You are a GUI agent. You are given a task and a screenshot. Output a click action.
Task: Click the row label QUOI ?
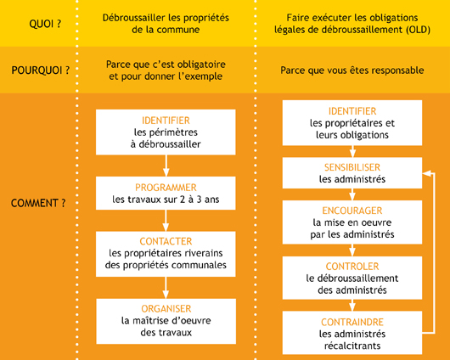pyautogui.click(x=45, y=24)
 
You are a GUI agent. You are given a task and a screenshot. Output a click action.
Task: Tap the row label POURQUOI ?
pyautogui.click(x=41, y=70)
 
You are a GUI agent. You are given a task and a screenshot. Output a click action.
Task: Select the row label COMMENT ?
pyautogui.click(x=38, y=203)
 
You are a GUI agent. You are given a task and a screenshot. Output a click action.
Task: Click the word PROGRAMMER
pyautogui.click(x=166, y=188)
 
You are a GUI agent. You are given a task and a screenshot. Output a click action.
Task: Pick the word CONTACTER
pyautogui.click(x=166, y=241)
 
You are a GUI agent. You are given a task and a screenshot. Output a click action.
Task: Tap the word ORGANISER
pyautogui.click(x=166, y=308)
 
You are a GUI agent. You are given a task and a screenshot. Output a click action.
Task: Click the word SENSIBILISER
pyautogui.click(x=352, y=167)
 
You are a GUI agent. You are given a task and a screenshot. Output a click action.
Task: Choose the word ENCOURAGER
pyautogui.click(x=352, y=211)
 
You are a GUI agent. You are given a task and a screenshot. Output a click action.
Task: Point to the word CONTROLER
pyautogui.click(x=352, y=267)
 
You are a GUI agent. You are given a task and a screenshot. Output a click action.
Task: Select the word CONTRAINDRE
pyautogui.click(x=352, y=322)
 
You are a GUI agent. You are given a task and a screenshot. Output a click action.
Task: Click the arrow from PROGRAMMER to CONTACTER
pyautogui.click(x=166, y=221)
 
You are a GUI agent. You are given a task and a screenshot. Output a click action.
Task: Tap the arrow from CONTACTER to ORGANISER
pyautogui.click(x=166, y=288)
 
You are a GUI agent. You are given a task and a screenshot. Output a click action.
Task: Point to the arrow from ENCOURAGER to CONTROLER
pyautogui.click(x=352, y=250)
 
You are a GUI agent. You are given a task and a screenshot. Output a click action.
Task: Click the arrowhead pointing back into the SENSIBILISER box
pyautogui.click(x=426, y=173)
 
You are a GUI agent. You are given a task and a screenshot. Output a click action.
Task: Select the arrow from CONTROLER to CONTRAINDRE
pyautogui.click(x=352, y=306)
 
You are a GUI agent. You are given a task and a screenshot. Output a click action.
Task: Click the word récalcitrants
pyautogui.click(x=352, y=346)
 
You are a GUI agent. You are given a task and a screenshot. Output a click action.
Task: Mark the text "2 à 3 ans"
pyautogui.click(x=200, y=200)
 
